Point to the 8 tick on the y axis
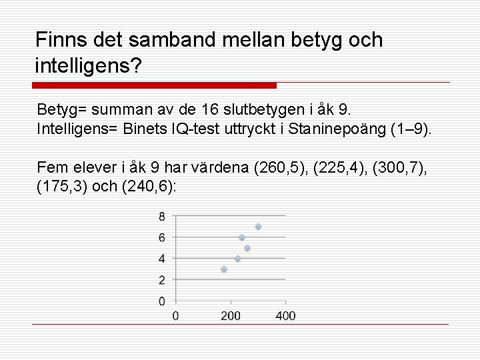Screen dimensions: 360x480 point(162,216)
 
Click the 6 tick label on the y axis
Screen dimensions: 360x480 point(162,237)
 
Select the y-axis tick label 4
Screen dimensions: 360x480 point(162,259)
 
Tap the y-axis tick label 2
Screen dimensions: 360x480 point(162,280)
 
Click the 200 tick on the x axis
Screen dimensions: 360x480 point(231,315)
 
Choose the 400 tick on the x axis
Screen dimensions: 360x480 point(285,315)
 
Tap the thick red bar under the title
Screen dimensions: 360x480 point(155,85)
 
